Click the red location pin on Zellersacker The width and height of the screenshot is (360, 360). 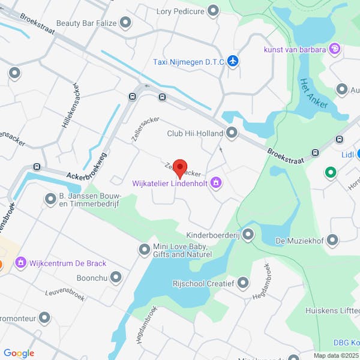coord(180,167)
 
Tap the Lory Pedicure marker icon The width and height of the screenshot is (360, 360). coord(213,10)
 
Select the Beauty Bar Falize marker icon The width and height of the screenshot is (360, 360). coord(125,23)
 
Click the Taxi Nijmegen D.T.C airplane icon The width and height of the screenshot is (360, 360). coord(233,61)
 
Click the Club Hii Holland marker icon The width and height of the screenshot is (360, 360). coord(232,133)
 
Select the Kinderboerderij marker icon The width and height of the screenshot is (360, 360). coord(247,235)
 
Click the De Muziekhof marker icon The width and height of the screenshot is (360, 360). coord(333,241)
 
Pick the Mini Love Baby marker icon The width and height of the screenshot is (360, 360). coord(144,249)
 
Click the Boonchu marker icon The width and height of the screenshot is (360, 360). coord(115,278)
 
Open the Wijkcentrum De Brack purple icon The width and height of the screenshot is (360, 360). coord(21,263)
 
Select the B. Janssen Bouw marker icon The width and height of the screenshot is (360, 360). coord(50,198)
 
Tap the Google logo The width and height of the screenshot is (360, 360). coord(19,353)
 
